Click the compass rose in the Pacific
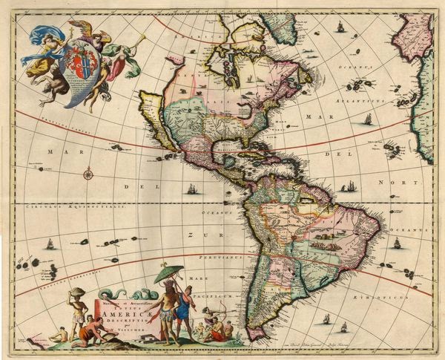88,174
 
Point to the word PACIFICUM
221,296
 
